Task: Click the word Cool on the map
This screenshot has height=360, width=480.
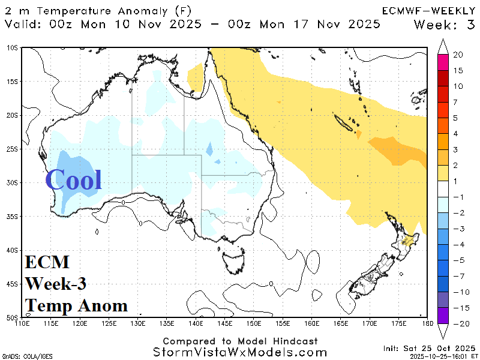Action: tap(73, 179)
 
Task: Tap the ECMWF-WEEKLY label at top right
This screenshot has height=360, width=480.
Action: tap(428, 10)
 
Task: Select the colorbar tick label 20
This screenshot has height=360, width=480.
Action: tap(458, 55)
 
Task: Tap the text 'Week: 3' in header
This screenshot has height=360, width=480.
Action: tap(444, 25)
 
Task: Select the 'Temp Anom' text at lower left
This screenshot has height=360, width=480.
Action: tap(76, 305)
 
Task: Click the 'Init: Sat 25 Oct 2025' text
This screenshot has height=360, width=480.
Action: tap(428, 348)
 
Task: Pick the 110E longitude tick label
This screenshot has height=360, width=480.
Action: tap(22, 324)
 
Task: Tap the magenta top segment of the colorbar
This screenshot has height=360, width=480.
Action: tap(443, 61)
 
